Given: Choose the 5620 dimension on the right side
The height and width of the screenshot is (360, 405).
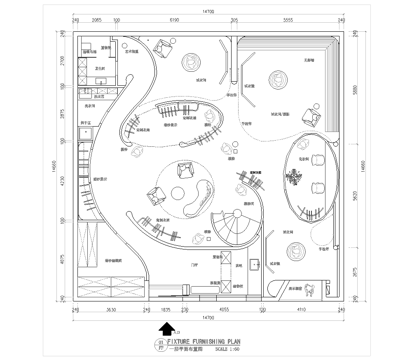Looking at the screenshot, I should coord(357,197).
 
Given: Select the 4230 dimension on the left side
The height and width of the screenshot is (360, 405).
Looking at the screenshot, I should coord(63,181).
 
